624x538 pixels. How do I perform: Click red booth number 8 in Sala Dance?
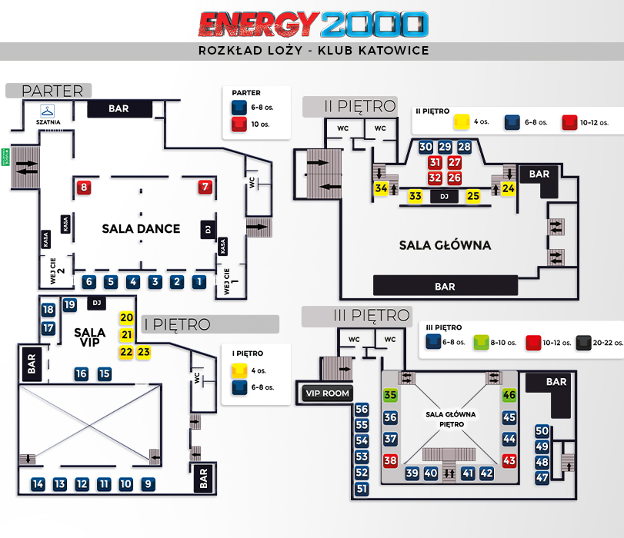click(x=84, y=186)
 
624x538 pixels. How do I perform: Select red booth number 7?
click(x=205, y=186)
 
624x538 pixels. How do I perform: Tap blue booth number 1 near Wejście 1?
click(x=199, y=282)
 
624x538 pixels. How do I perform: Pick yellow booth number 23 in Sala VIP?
click(x=143, y=352)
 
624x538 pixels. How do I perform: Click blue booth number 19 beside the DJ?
click(x=70, y=305)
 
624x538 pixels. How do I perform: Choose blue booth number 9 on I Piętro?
click(x=148, y=484)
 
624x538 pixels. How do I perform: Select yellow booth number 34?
click(x=381, y=188)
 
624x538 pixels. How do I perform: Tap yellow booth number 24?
click(x=509, y=188)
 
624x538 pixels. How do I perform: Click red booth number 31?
click(x=435, y=163)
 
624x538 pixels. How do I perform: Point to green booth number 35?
click(x=391, y=395)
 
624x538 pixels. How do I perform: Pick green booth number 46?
click(x=509, y=395)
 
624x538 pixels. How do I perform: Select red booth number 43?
click(x=509, y=460)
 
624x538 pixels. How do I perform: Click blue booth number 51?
click(x=362, y=489)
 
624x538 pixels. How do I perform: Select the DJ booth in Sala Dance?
click(x=206, y=229)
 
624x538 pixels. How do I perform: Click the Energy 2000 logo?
click(x=312, y=24)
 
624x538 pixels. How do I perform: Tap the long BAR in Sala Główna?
click(x=445, y=286)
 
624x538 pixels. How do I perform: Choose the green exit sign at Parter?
click(x=5, y=158)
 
